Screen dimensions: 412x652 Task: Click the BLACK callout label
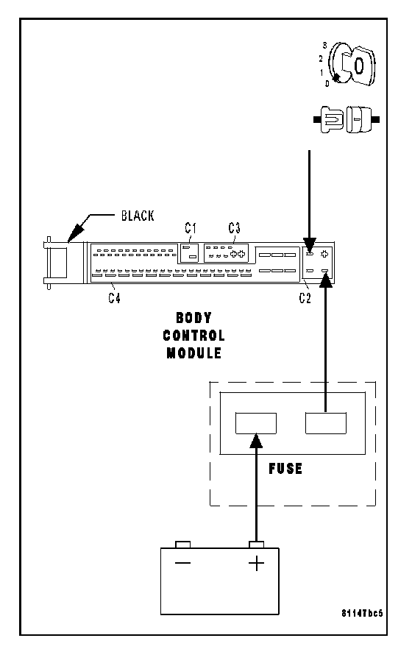tap(137, 216)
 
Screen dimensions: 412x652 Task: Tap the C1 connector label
tap(191, 228)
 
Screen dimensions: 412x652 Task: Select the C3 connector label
tap(234, 228)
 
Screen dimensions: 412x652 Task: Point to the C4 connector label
tap(114, 298)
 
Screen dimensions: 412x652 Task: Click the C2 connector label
tap(305, 298)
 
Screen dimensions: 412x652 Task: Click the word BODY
tap(193, 318)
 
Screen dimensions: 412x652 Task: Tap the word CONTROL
tap(193, 335)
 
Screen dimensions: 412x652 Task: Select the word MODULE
tap(193, 352)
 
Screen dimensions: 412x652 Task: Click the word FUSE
tap(285, 469)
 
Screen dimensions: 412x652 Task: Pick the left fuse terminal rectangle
tap(256, 423)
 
